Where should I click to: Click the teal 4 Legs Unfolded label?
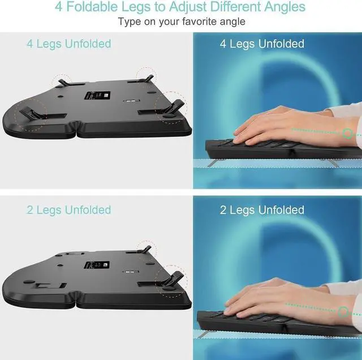click(68, 44)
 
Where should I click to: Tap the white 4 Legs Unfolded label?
click(262, 44)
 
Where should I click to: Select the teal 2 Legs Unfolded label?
click(68, 210)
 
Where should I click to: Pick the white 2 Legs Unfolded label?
click(262, 210)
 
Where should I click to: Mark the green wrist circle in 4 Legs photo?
click(347, 134)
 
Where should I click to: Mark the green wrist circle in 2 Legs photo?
click(343, 311)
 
